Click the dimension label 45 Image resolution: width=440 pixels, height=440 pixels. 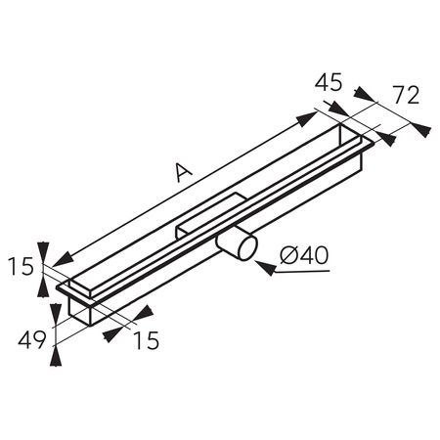pyautogui.click(x=329, y=82)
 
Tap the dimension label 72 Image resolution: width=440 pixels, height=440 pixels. pyautogui.click(x=406, y=95)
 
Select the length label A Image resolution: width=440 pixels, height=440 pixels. pyautogui.click(x=184, y=172)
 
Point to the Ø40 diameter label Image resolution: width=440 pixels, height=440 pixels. pyautogui.click(x=304, y=255)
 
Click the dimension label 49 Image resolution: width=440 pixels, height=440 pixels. pyautogui.click(x=32, y=340)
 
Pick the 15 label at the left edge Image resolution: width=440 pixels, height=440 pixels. pyautogui.click(x=21, y=266)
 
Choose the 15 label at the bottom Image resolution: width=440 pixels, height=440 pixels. pyautogui.click(x=147, y=340)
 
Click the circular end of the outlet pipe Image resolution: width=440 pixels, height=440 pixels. pyautogui.click(x=248, y=247)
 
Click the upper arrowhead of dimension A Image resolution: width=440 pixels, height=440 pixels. pyautogui.click(x=307, y=118)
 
